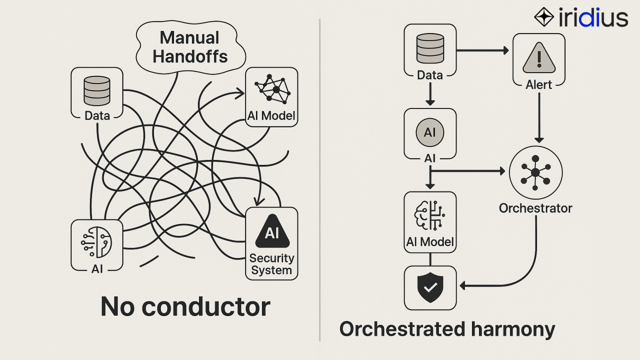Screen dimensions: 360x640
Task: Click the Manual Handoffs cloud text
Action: pyautogui.click(x=190, y=47)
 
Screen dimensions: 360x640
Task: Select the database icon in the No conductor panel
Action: pyautogui.click(x=97, y=90)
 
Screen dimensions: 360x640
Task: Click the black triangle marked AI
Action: pyautogui.click(x=272, y=232)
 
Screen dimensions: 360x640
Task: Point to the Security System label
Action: pyautogui.click(x=271, y=264)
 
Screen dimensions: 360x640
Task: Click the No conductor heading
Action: pyautogui.click(x=185, y=306)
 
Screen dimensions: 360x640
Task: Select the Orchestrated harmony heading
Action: pyautogui.click(x=447, y=329)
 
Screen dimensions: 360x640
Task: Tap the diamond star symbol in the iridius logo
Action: pyautogui.click(x=544, y=17)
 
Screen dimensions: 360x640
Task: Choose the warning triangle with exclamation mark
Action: pyautogui.click(x=539, y=58)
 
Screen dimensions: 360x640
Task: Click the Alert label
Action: pyautogui.click(x=539, y=84)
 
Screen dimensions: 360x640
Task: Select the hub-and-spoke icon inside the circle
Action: pyautogui.click(x=535, y=172)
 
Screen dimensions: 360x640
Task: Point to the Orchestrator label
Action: pyautogui.click(x=535, y=208)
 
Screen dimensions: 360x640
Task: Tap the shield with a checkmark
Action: pyautogui.click(x=430, y=287)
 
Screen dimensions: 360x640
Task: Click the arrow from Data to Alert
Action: pyautogui.click(x=482, y=50)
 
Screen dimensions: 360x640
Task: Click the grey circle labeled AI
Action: pyautogui.click(x=430, y=132)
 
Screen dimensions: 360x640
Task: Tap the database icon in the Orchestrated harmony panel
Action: pyautogui.click(x=430, y=48)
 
